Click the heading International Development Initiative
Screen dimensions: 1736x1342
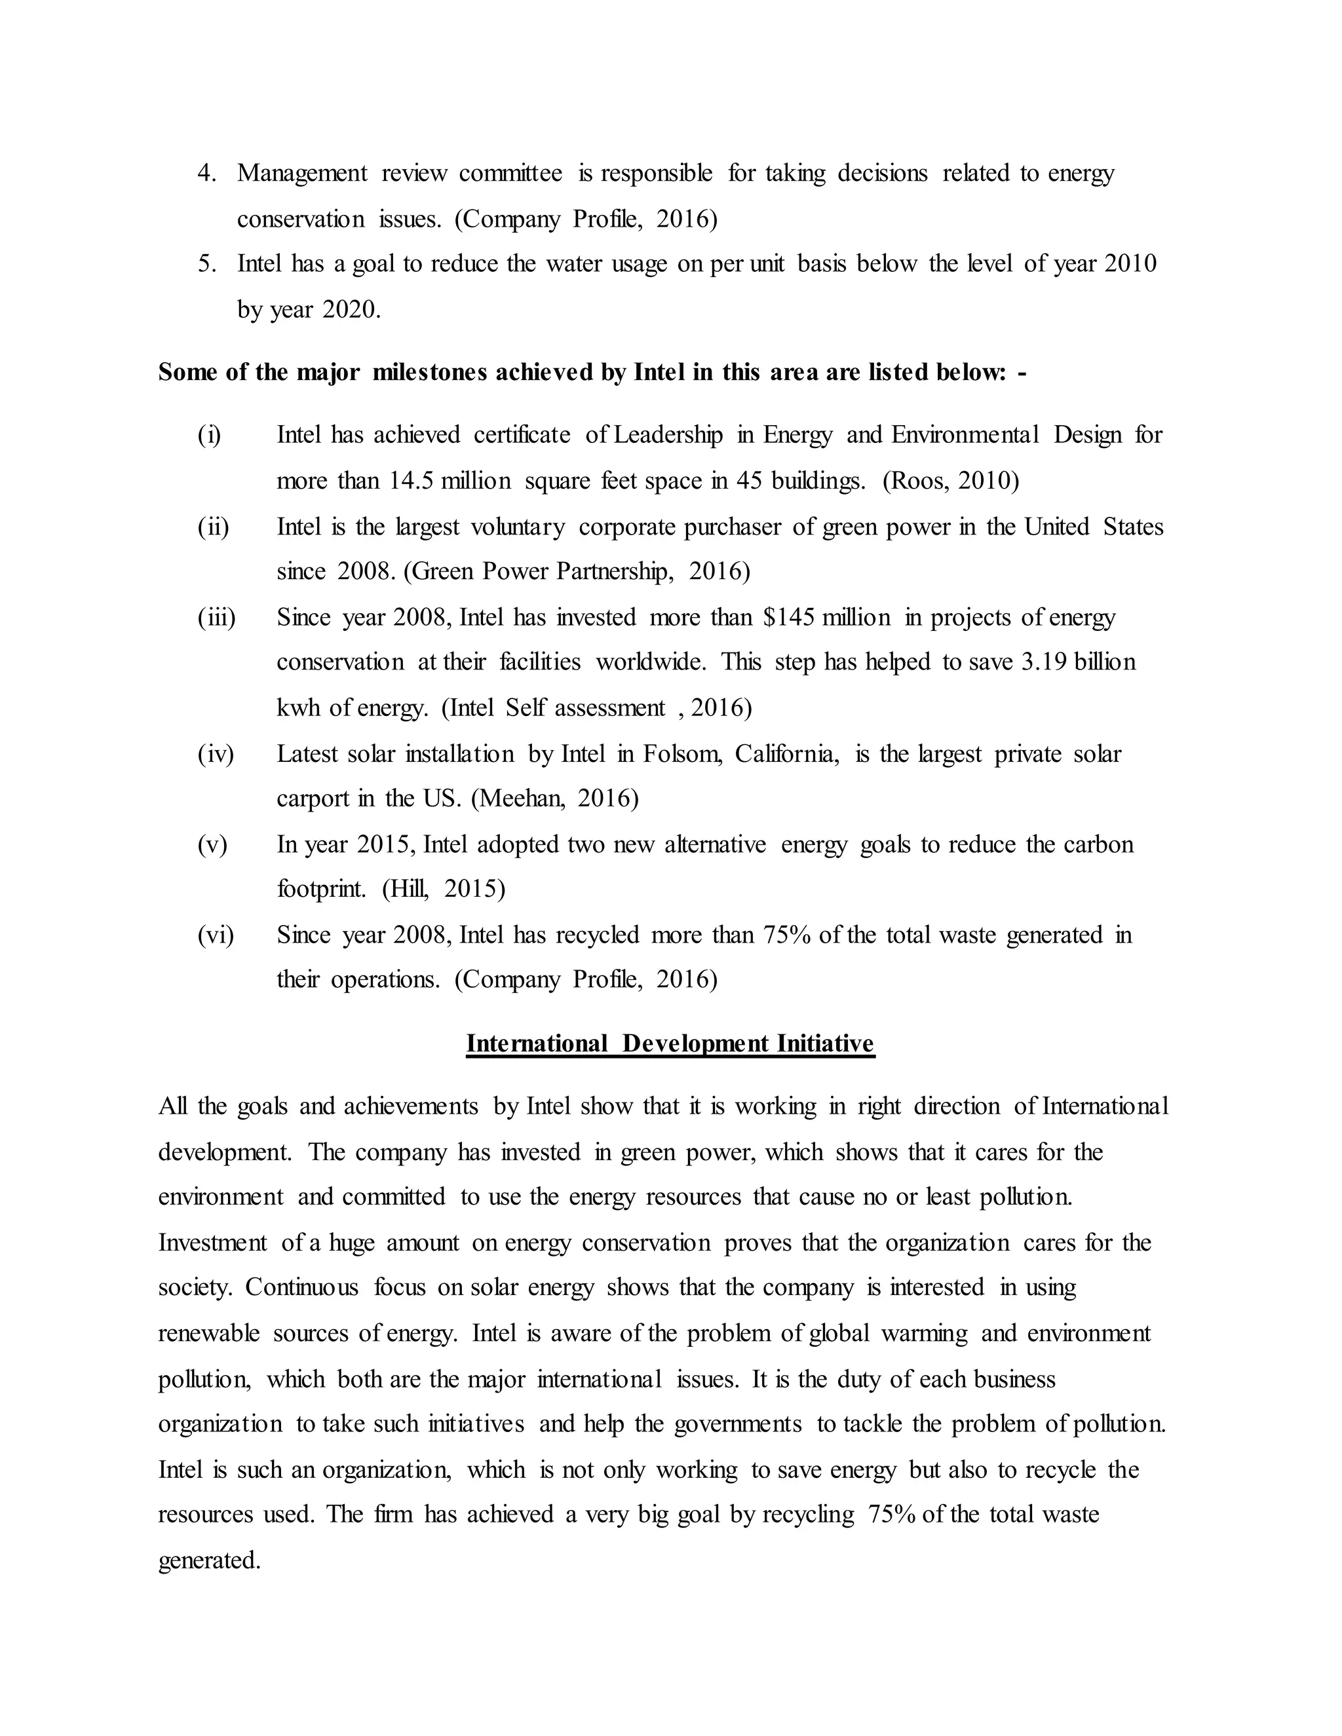tap(670, 1044)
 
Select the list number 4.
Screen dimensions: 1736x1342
tap(206, 174)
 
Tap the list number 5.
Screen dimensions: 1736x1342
tap(206, 264)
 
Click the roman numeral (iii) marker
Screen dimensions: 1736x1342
tap(216, 618)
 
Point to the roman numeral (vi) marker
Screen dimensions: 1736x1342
tap(216, 935)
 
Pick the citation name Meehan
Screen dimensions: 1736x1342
tap(522, 798)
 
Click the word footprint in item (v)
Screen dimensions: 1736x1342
tap(321, 889)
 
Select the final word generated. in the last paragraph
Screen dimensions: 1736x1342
tap(209, 1560)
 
